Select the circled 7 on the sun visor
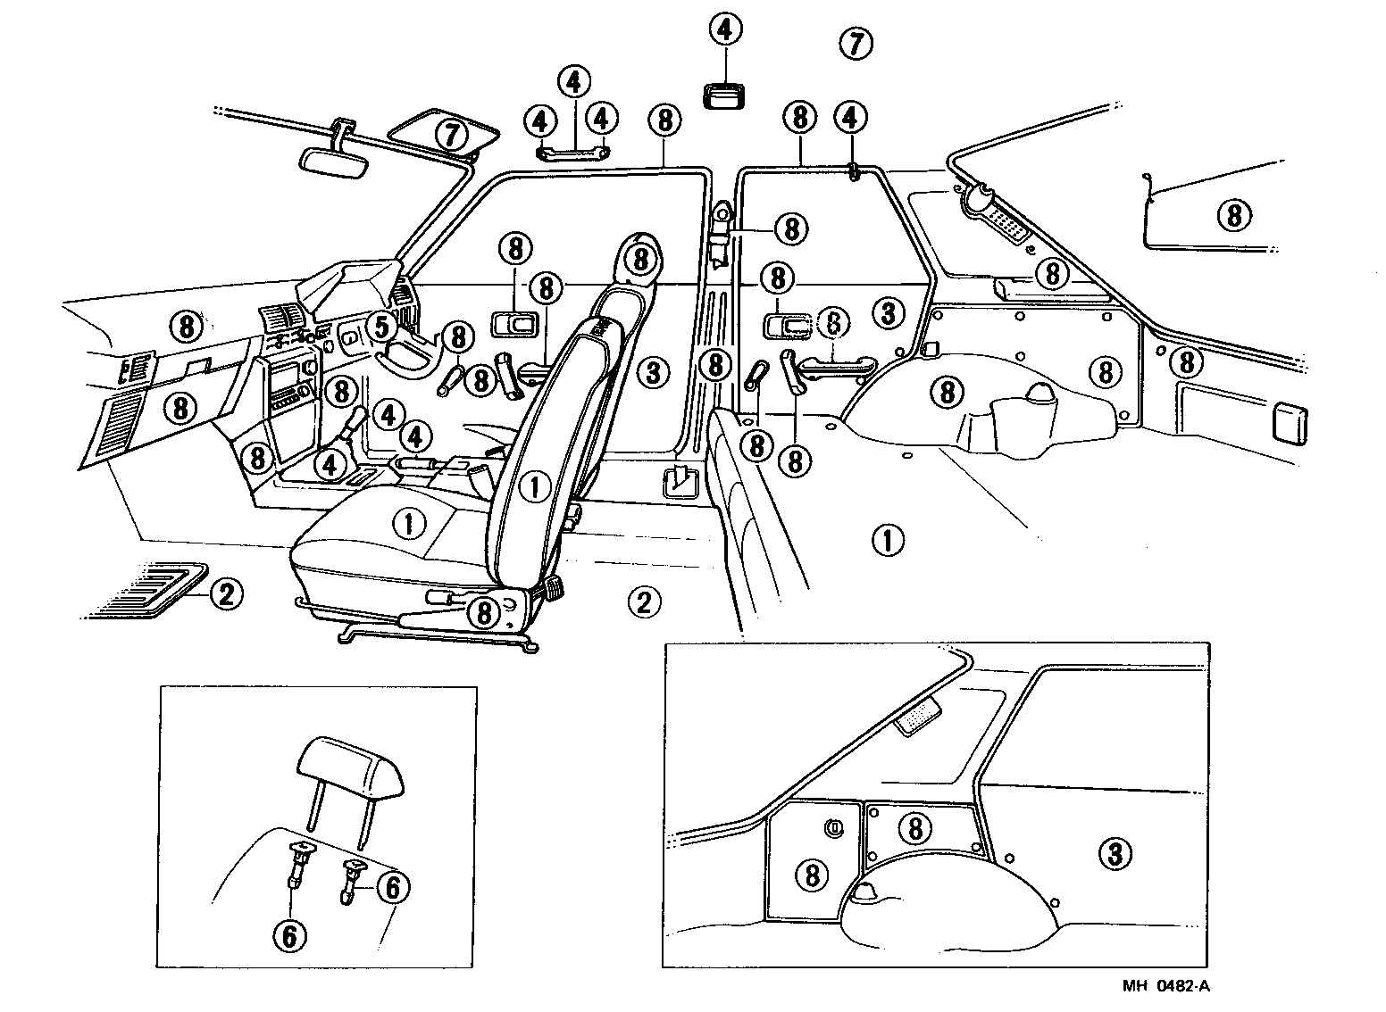click(x=452, y=135)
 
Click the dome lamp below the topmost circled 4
click(x=725, y=94)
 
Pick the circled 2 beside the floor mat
click(x=225, y=593)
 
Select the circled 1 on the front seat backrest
click(x=535, y=486)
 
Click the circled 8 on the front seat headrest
click(x=639, y=259)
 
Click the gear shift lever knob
click(x=358, y=417)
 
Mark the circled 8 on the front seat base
click(x=483, y=612)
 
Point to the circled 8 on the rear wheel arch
click(x=948, y=391)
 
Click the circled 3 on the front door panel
click(x=653, y=370)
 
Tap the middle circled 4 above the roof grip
click(x=573, y=82)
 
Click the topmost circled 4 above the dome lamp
click(x=725, y=30)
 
